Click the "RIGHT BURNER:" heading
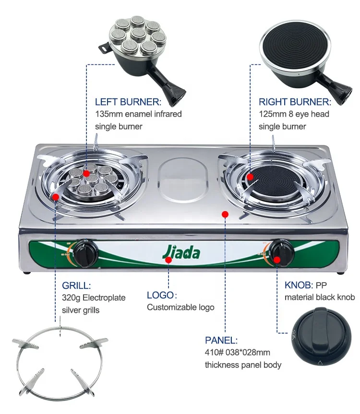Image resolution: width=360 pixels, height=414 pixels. [295, 102]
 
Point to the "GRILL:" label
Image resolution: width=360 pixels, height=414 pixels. [76, 286]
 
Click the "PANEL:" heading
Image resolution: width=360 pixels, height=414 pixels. [221, 341]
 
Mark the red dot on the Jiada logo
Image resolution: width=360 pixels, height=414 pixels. [168, 260]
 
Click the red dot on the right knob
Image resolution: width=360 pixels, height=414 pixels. [277, 260]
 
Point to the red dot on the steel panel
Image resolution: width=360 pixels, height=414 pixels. [225, 214]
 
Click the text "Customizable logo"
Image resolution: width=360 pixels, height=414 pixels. [180, 308]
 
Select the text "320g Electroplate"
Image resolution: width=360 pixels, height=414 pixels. [94, 298]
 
